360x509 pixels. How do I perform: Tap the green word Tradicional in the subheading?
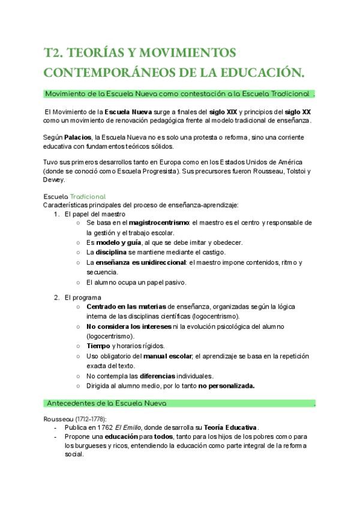pos(88,196)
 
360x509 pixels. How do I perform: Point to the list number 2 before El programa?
pos(56,297)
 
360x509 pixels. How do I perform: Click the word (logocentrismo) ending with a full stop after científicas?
pos(214,316)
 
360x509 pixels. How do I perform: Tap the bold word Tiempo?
pos(98,346)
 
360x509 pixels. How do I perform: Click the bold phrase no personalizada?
pos(227,386)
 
